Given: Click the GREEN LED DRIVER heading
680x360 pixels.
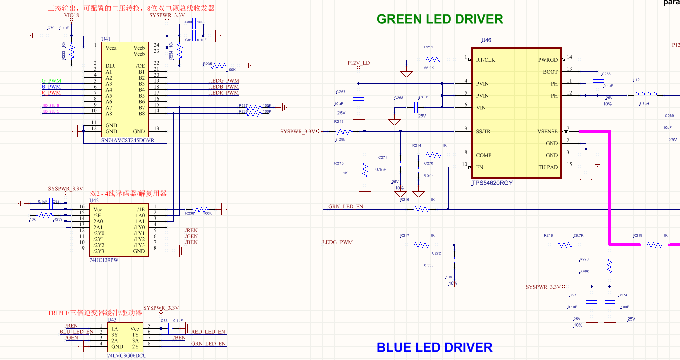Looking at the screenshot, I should pyautogui.click(x=440, y=19).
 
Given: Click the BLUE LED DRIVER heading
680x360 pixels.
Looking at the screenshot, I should pyautogui.click(x=434, y=347).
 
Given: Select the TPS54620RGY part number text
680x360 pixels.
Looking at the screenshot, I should pyautogui.click(x=492, y=183).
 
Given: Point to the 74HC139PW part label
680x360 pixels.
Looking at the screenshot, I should pyautogui.click(x=104, y=260).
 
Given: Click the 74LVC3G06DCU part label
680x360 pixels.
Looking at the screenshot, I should pyautogui.click(x=127, y=355).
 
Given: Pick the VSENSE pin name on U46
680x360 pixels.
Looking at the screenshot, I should pyautogui.click(x=547, y=132).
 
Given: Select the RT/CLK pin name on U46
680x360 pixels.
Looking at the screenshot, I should pyautogui.click(x=485, y=60).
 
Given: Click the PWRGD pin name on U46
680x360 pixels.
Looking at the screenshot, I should pyautogui.click(x=548, y=60).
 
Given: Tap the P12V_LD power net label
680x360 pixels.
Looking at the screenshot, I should pyautogui.click(x=358, y=63).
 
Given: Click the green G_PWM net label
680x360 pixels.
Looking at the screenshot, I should pyautogui.click(x=51, y=81).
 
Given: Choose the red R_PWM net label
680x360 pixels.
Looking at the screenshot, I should pyautogui.click(x=51, y=93).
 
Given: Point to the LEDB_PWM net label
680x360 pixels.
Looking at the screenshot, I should pyautogui.click(x=224, y=87).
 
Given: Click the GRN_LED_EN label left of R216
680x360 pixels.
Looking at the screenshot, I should pyautogui.click(x=346, y=206).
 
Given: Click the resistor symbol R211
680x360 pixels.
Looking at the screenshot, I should pyautogui.click(x=433, y=60).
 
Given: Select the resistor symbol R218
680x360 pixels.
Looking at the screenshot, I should pyautogui.click(x=565, y=245).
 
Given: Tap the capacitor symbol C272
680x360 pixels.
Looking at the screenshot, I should pyautogui.click(x=454, y=261).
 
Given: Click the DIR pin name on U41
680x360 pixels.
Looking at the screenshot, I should pyautogui.click(x=110, y=66).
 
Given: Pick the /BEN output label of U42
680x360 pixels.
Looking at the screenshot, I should pyautogui.click(x=191, y=242).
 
